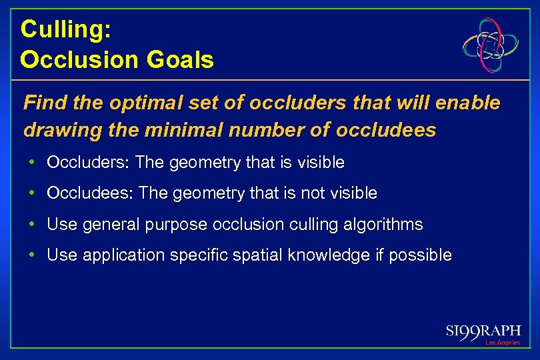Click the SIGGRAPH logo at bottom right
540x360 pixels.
coord(483,331)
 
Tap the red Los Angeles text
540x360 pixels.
coord(502,343)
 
